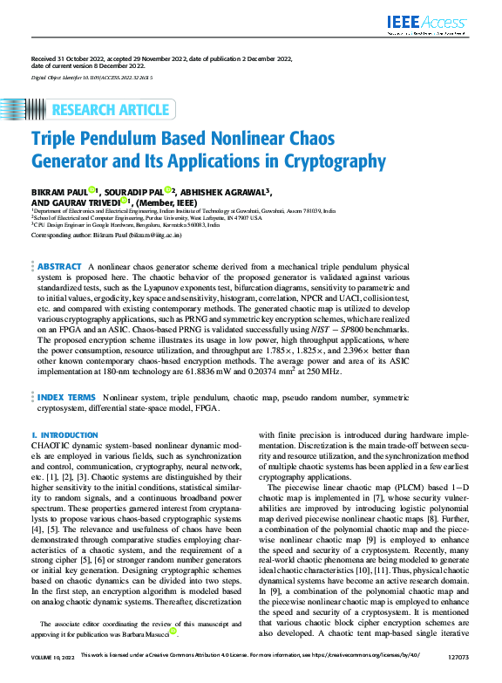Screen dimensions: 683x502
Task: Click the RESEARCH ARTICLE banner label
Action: pyautogui.click(x=111, y=110)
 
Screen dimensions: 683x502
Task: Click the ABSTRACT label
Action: pyautogui.click(x=60, y=266)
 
